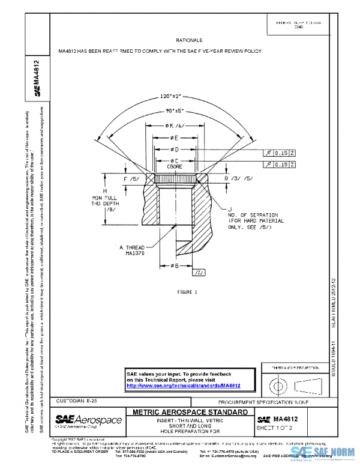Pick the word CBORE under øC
[175, 166]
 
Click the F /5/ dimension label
[130, 179]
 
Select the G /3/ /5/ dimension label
[238, 178]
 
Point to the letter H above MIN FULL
[105, 190]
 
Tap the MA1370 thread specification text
[133, 253]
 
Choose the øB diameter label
[175, 265]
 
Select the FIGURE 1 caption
[187, 292]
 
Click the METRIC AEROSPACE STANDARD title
[189, 413]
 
